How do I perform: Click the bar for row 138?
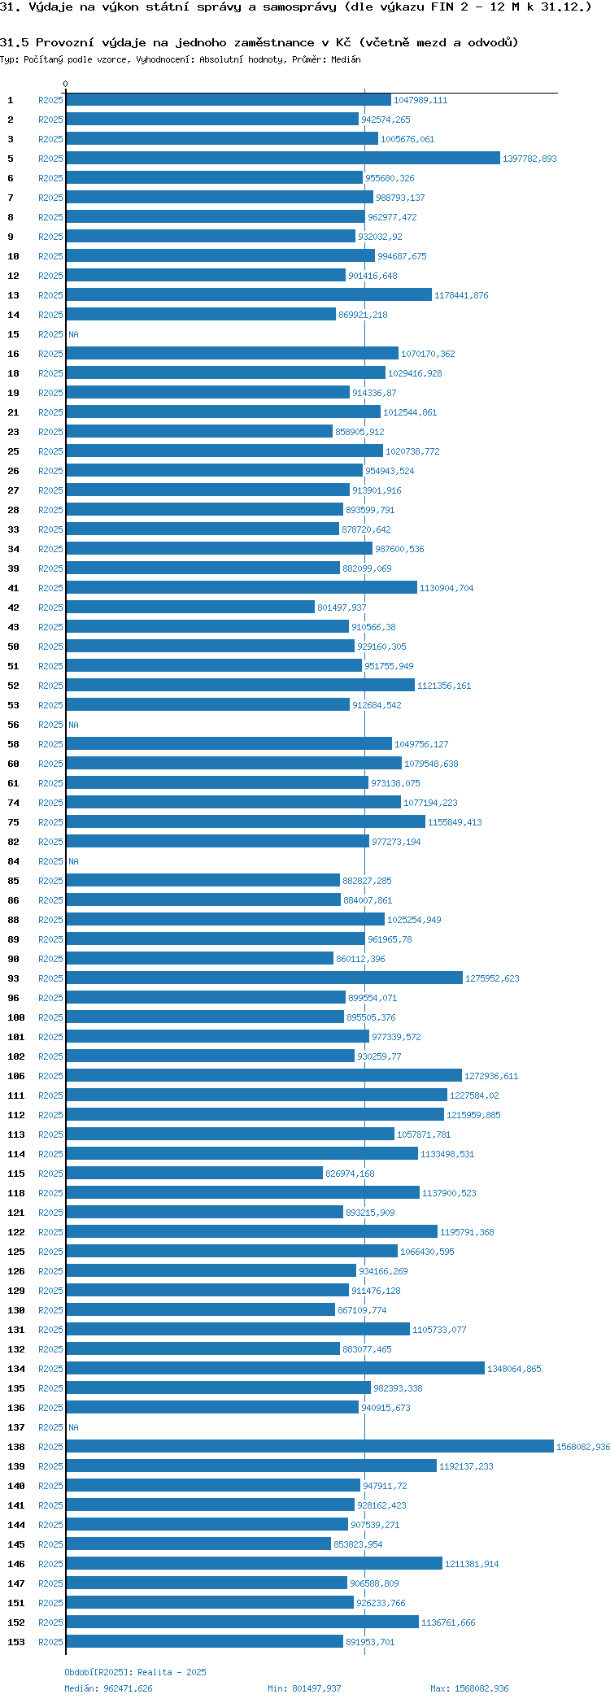(309, 1447)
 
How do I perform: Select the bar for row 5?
(282, 159)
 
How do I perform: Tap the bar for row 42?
(190, 608)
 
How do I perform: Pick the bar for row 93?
(264, 978)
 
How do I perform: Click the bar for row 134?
(275, 1369)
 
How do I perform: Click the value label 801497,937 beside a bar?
(342, 608)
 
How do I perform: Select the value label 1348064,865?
(514, 1369)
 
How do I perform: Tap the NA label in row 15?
(73, 334)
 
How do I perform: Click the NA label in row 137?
(73, 1427)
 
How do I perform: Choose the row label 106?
(16, 1076)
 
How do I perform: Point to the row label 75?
(13, 822)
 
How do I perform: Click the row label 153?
(16, 1642)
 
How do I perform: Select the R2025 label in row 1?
(50, 100)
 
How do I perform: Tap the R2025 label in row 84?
(50, 861)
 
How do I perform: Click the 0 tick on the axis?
(66, 84)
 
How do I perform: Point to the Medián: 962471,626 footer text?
(108, 1688)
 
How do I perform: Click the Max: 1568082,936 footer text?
(469, 1688)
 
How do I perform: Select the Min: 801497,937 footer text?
(304, 1688)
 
